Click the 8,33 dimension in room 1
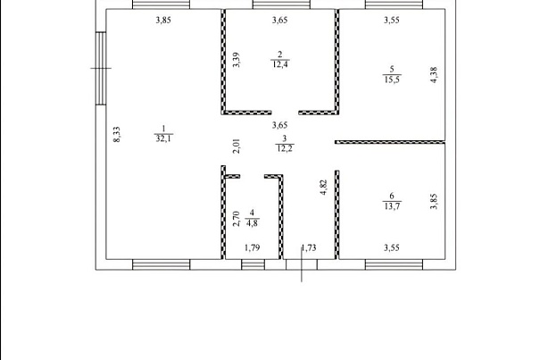(117, 135)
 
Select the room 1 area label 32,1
(164, 138)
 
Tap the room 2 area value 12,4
(280, 64)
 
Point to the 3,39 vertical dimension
(237, 60)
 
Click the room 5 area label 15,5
(392, 80)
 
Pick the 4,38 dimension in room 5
(434, 75)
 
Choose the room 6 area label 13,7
(392, 205)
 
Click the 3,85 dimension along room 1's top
(163, 20)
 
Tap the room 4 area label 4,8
(253, 222)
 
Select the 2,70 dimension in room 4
(237, 219)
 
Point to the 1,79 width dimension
(252, 247)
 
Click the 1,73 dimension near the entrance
(309, 247)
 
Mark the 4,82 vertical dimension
(324, 188)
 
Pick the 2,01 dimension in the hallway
(237, 146)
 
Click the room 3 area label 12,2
(285, 148)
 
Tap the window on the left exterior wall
(101, 68)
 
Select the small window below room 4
(253, 264)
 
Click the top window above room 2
(281, 4)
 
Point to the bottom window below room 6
(394, 264)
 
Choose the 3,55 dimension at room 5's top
(392, 20)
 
